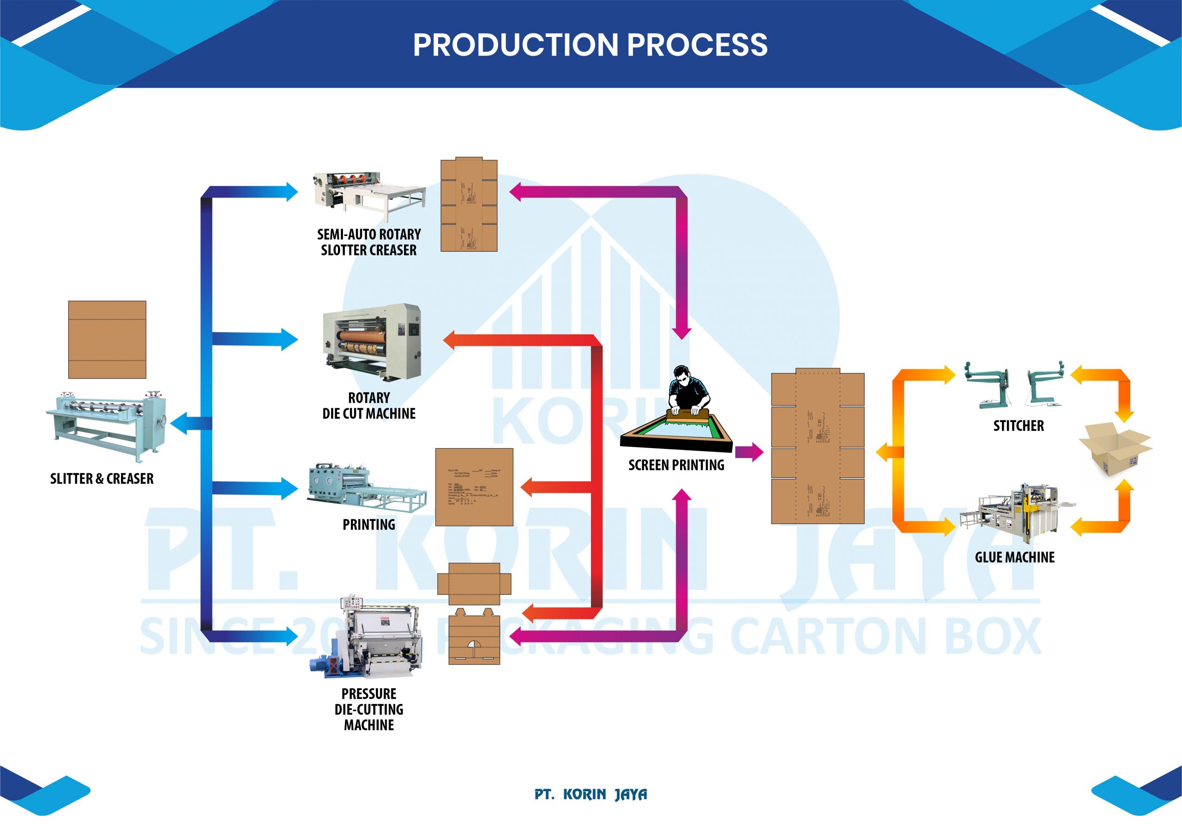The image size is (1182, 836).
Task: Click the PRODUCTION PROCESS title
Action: point(590,45)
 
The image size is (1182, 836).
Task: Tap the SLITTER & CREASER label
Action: point(102,479)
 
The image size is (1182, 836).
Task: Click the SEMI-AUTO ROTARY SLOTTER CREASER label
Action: point(368,242)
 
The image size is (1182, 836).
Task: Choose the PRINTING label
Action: point(368,524)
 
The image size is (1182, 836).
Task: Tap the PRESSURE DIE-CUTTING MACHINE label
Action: point(368,709)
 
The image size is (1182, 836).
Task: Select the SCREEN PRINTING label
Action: point(676,465)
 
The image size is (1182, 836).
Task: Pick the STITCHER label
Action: point(1018,425)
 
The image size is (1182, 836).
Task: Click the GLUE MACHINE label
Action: point(1015,557)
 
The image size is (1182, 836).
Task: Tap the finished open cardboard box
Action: point(1115,448)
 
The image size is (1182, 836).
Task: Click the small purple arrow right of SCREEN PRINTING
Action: point(749,452)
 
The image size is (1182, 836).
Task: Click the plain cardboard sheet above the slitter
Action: point(107,339)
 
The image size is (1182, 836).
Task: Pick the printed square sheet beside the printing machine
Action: point(474,487)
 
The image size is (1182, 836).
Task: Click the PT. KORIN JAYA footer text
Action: point(591,794)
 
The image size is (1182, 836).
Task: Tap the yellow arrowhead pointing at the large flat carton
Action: point(884,452)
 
